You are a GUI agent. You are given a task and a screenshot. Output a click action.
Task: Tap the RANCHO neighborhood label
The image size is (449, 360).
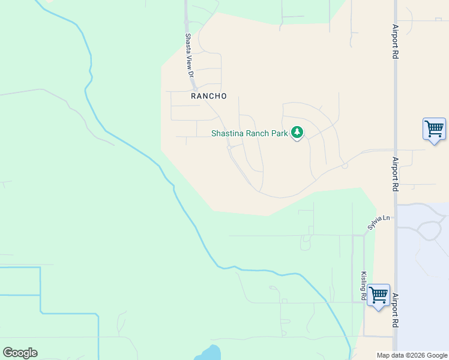(209, 96)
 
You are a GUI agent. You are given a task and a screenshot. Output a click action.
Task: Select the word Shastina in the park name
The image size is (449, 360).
(227, 134)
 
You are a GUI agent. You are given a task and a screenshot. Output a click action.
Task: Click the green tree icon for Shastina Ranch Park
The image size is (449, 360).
(297, 132)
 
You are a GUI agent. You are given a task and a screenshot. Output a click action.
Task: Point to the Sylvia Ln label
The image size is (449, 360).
(379, 223)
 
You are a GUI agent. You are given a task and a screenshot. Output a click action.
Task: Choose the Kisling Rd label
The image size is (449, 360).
(364, 286)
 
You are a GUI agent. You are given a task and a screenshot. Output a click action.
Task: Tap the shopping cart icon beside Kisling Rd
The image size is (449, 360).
(378, 295)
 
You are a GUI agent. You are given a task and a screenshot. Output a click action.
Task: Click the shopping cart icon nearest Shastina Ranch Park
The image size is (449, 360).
(434, 128)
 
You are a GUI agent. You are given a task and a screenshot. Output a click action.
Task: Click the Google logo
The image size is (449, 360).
(20, 353)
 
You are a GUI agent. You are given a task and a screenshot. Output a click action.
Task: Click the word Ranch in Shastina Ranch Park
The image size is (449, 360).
(258, 134)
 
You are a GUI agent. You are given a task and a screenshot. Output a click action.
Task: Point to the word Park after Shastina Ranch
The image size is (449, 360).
(280, 134)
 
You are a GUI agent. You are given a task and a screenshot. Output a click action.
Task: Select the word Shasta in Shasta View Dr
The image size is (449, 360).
(188, 43)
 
